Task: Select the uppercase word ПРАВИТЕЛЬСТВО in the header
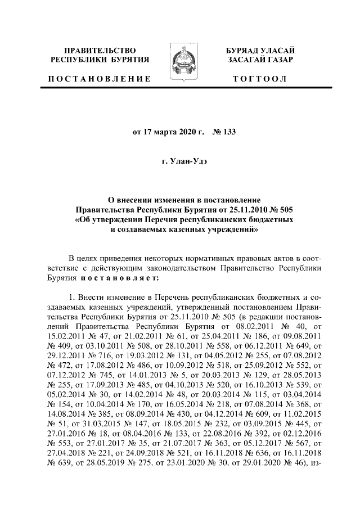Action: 100,51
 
